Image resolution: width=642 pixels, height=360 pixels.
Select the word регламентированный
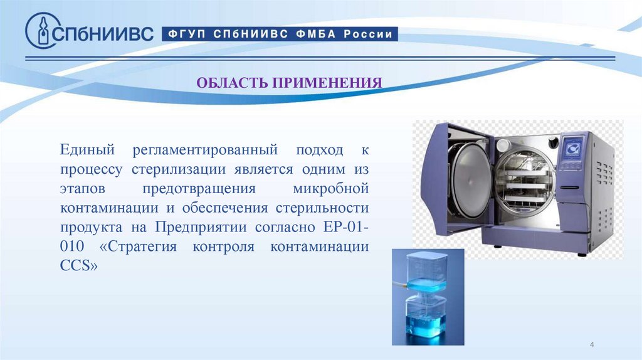pyautogui.click(x=204, y=151)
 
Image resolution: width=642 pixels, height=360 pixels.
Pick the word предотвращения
pyautogui.click(x=198, y=189)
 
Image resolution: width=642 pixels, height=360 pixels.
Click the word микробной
pyautogui.click(x=330, y=189)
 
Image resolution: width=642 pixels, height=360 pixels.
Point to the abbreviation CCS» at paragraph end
pyautogui.click(x=80, y=265)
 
